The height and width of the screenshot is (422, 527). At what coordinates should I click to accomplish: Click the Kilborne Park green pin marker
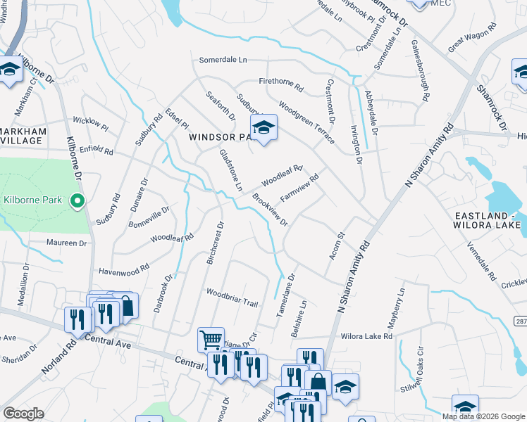(x=78, y=201)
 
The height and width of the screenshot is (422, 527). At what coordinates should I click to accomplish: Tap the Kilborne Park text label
(x=33, y=200)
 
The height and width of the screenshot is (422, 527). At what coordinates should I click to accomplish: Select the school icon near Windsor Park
(x=263, y=128)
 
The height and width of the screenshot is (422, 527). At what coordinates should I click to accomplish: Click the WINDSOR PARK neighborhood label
(x=218, y=138)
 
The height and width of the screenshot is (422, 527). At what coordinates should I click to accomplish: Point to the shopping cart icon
(x=211, y=340)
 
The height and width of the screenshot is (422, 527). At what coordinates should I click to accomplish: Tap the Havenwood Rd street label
(x=124, y=269)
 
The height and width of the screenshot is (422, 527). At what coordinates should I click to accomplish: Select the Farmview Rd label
(x=299, y=188)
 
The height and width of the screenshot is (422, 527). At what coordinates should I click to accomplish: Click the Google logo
(x=23, y=414)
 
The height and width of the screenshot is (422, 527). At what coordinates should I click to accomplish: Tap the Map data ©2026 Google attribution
(x=483, y=416)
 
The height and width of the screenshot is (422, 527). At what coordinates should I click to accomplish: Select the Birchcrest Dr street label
(x=214, y=244)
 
